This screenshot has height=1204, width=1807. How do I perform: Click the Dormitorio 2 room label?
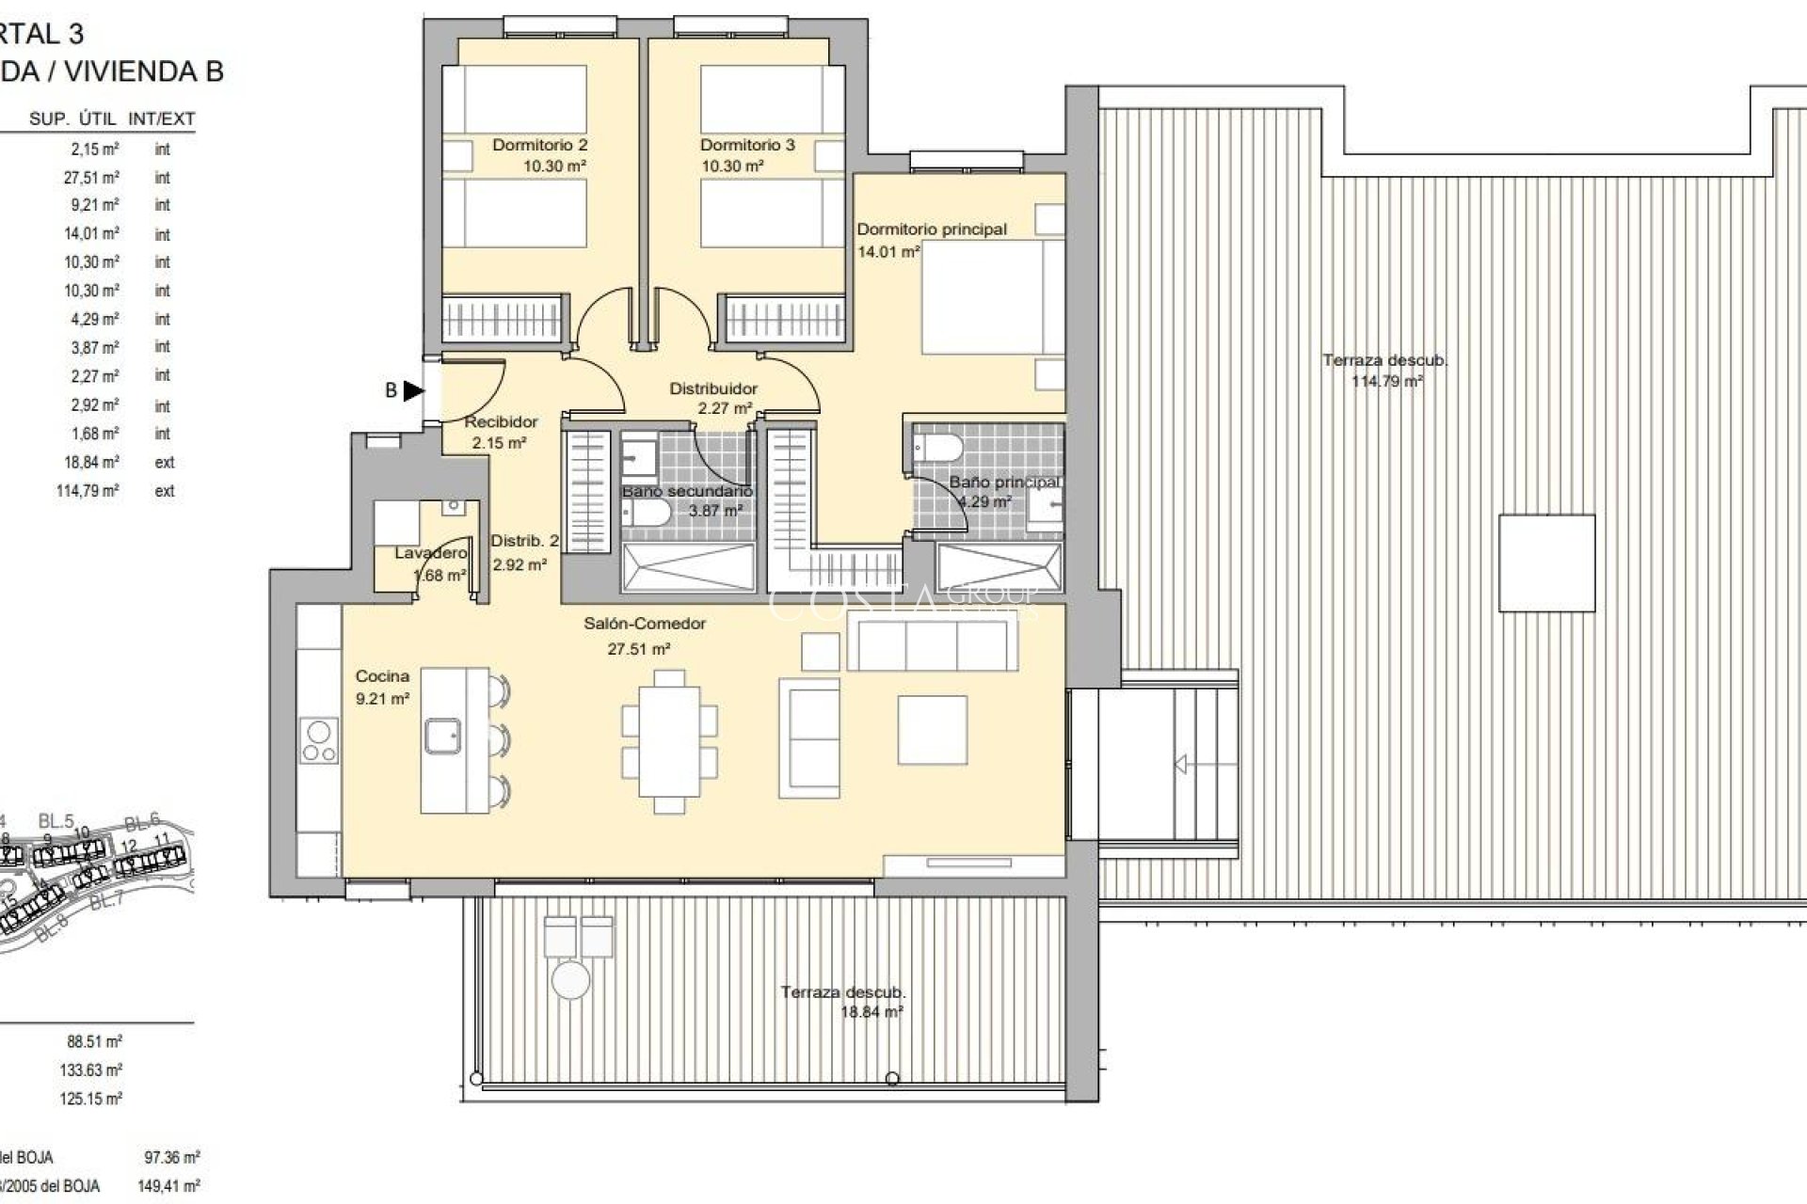coord(539,145)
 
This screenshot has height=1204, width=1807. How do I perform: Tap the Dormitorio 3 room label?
coord(747,145)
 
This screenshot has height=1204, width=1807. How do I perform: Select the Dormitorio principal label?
coord(931,229)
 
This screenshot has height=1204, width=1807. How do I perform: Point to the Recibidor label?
coord(501,422)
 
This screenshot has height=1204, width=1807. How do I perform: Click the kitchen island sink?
coord(441,736)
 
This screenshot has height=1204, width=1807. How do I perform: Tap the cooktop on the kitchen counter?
coord(320,740)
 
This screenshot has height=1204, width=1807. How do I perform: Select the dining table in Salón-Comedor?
coord(669,740)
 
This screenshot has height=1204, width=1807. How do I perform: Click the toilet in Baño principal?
coord(937,445)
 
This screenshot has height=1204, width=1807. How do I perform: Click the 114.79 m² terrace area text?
coord(1386,382)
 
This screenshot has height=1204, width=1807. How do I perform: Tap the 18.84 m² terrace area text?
coord(871,1013)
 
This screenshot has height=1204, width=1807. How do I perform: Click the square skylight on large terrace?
coord(1546,563)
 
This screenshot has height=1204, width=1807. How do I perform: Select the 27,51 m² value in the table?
coord(91,178)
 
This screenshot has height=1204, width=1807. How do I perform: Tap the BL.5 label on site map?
coord(56,821)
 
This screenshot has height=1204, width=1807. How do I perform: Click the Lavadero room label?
coord(430,553)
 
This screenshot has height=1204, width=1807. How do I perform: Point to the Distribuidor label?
coord(713,388)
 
